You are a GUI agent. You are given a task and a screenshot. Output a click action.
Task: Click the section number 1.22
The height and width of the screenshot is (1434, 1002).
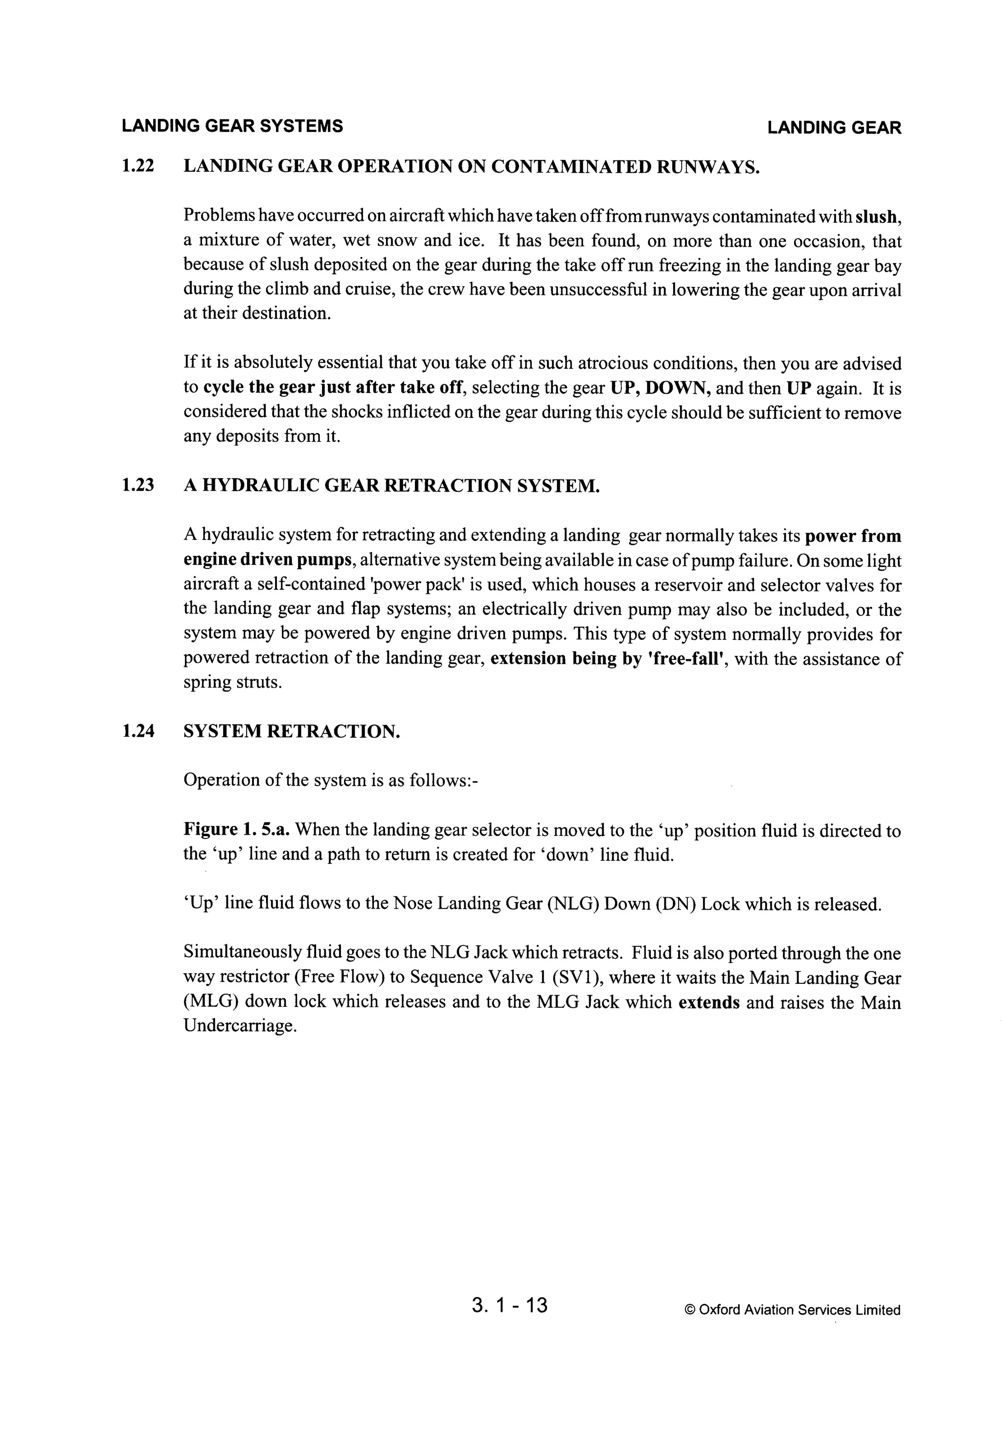137,167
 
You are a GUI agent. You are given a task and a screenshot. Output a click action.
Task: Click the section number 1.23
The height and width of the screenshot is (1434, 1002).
137,485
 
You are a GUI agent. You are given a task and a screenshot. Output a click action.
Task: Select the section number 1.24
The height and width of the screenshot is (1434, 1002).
137,731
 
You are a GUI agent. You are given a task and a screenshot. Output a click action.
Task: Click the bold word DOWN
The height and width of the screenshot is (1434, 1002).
678,388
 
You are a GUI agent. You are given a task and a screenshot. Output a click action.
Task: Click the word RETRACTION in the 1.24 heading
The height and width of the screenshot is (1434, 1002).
333,731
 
